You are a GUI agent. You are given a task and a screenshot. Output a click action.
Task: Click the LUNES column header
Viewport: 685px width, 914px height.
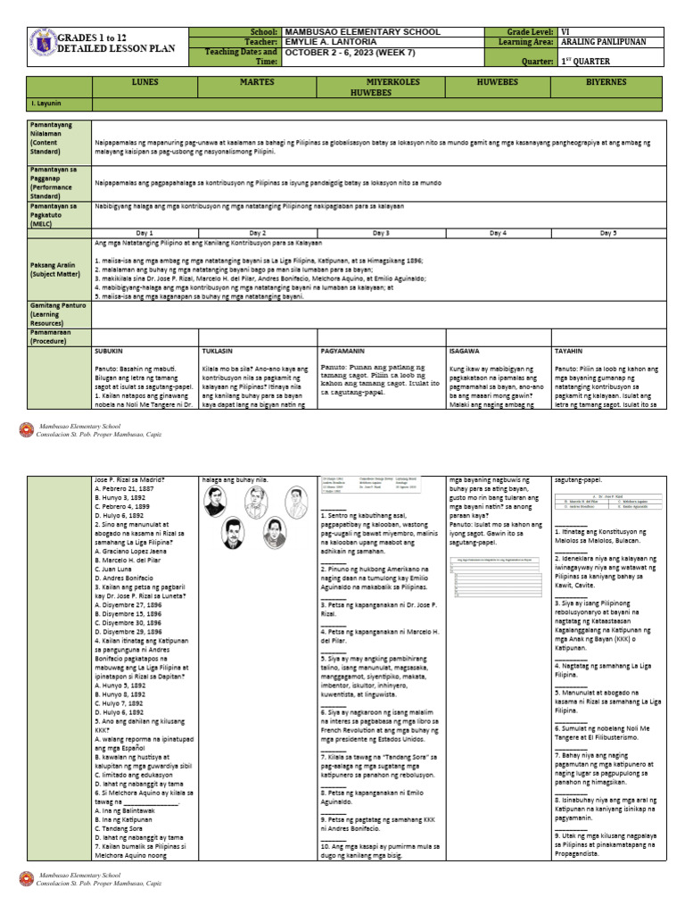click(x=145, y=82)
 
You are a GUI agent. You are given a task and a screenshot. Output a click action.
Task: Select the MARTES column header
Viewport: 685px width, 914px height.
click(x=257, y=82)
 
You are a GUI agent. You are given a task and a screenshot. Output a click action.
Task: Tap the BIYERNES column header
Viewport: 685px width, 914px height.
click(x=606, y=82)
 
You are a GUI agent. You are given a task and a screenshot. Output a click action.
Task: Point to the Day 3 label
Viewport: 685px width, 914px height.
click(x=380, y=232)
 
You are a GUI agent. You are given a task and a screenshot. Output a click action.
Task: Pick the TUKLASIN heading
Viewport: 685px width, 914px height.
click(x=220, y=351)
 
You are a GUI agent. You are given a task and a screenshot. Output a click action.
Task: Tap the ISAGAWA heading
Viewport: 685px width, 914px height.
click(x=466, y=351)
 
